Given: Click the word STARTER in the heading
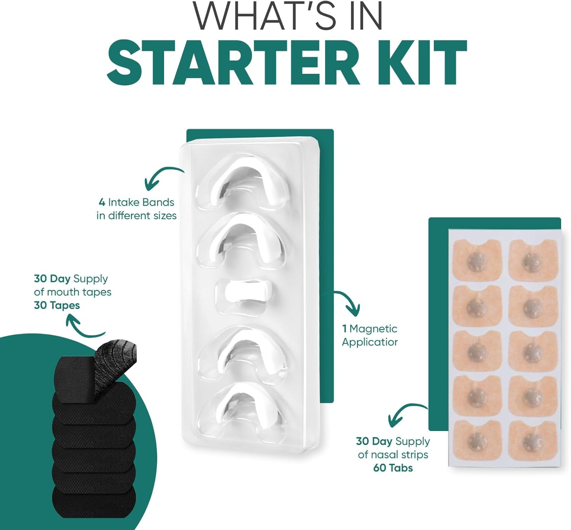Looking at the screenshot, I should (233, 63).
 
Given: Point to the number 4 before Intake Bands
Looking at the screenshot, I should (102, 202).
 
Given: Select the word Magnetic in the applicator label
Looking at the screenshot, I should (373, 329).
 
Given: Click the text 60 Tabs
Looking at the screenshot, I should (393, 468).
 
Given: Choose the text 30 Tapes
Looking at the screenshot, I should (57, 305).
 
